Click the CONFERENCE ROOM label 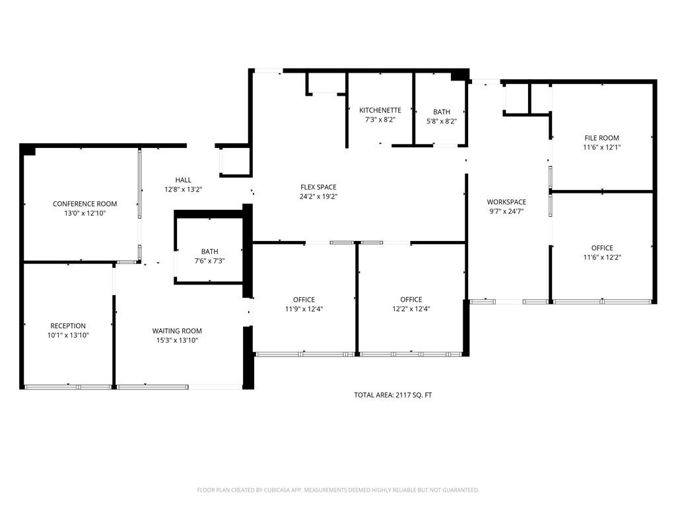click(84, 204)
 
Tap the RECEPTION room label click(68, 325)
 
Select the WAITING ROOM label click(177, 331)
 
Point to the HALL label click(183, 180)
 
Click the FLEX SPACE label click(318, 187)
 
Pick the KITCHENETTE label click(380, 110)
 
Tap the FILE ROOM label click(601, 138)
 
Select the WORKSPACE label click(506, 202)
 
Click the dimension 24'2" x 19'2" click(318, 196)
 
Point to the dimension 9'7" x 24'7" click(506, 211)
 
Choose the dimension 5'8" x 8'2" click(442, 121)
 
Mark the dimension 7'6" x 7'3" click(209, 261)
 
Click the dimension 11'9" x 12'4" click(304, 308)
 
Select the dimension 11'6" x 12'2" click(601, 257)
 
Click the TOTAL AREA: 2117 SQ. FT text click(393, 395)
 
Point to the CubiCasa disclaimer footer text click(338, 490)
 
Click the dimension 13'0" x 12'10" click(84, 213)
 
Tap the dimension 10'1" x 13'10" click(68, 335)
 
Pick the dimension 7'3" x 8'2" click(380, 119)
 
